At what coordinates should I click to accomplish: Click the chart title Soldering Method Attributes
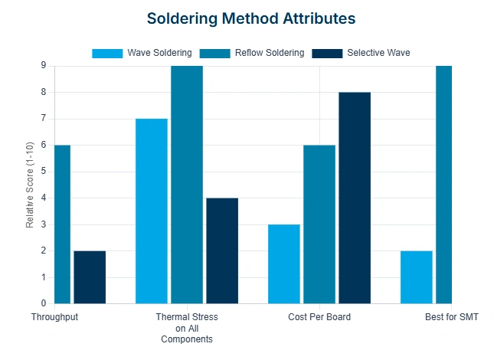tap(251, 17)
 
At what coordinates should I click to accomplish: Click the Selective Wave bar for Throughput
tap(90, 277)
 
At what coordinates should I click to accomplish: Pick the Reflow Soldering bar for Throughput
tap(62, 224)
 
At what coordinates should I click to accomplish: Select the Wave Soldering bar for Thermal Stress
tap(152, 211)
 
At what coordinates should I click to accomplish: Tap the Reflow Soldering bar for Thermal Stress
tap(187, 185)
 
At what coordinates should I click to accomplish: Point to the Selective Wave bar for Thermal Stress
tap(222, 250)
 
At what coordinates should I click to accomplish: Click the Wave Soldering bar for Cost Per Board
tap(284, 263)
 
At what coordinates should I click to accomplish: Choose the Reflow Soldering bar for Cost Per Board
tap(319, 224)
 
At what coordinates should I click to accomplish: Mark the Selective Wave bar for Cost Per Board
tap(355, 198)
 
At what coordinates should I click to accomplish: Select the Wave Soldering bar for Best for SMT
tap(417, 277)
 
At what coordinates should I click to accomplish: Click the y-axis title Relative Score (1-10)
tap(30, 185)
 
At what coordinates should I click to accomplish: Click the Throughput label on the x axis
tap(54, 316)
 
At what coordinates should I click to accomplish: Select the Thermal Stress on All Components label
tap(187, 327)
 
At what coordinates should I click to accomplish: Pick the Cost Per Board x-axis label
tap(319, 316)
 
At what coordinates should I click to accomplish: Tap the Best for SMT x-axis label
tap(451, 316)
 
